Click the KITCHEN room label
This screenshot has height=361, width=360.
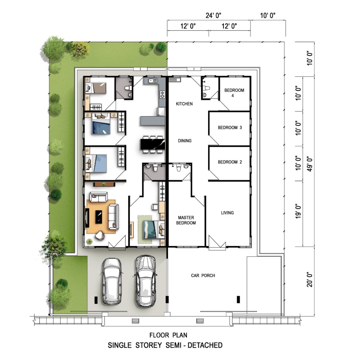point(184,104)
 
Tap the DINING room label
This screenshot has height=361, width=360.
point(185,141)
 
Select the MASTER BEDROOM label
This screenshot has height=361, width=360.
point(186,220)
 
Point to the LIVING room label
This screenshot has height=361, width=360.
point(227,213)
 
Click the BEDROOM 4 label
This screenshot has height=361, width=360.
point(234,93)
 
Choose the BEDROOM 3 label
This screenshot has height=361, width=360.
point(230,128)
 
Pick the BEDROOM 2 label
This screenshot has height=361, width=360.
point(230,162)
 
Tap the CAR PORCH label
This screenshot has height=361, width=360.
point(203,276)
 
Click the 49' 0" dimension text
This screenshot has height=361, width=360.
point(310,164)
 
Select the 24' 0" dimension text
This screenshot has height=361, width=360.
point(213,15)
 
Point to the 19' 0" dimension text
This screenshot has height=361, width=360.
point(298,211)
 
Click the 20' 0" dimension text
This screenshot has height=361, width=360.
point(310,280)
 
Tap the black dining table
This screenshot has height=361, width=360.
point(153,144)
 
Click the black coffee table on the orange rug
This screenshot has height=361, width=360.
point(99,217)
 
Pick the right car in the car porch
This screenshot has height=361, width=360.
point(146,281)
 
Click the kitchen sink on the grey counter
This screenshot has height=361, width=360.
point(153,81)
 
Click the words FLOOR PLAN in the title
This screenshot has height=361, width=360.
point(168,335)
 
